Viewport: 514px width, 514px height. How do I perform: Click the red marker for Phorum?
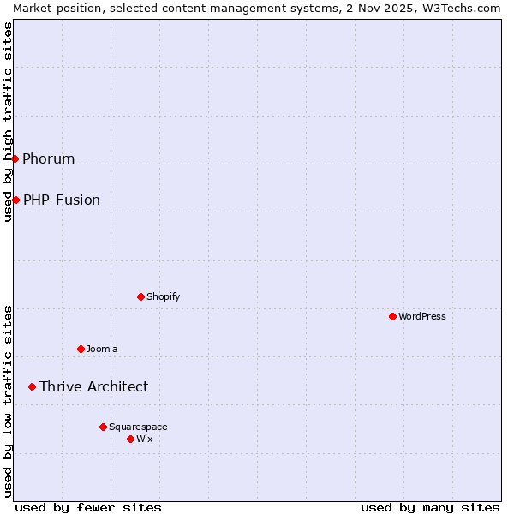point(15,158)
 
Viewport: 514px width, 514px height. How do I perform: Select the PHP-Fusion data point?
point(15,200)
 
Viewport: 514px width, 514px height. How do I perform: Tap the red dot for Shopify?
point(140,296)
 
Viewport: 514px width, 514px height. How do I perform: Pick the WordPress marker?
point(392,316)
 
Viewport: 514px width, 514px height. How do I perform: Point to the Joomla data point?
point(81,349)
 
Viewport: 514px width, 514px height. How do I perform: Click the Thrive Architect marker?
point(32,386)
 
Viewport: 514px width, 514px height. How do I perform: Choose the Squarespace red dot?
point(103,427)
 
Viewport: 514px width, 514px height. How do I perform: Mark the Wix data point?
point(130,439)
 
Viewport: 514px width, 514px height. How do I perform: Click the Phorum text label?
point(49,158)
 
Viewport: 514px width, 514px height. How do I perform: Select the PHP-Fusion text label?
point(62,200)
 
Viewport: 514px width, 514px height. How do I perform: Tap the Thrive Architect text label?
point(93,386)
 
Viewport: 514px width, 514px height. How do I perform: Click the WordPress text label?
point(422,316)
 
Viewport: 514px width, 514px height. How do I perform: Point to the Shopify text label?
point(163,296)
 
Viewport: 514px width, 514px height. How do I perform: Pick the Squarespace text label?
point(138,427)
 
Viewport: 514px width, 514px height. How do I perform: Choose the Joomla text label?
point(102,349)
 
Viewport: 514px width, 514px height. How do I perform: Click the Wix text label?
point(145,439)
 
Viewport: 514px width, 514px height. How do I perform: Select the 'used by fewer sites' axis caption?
point(88,507)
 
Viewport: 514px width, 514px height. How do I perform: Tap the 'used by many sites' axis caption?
point(430,507)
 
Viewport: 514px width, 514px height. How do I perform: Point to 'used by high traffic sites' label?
point(8,122)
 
